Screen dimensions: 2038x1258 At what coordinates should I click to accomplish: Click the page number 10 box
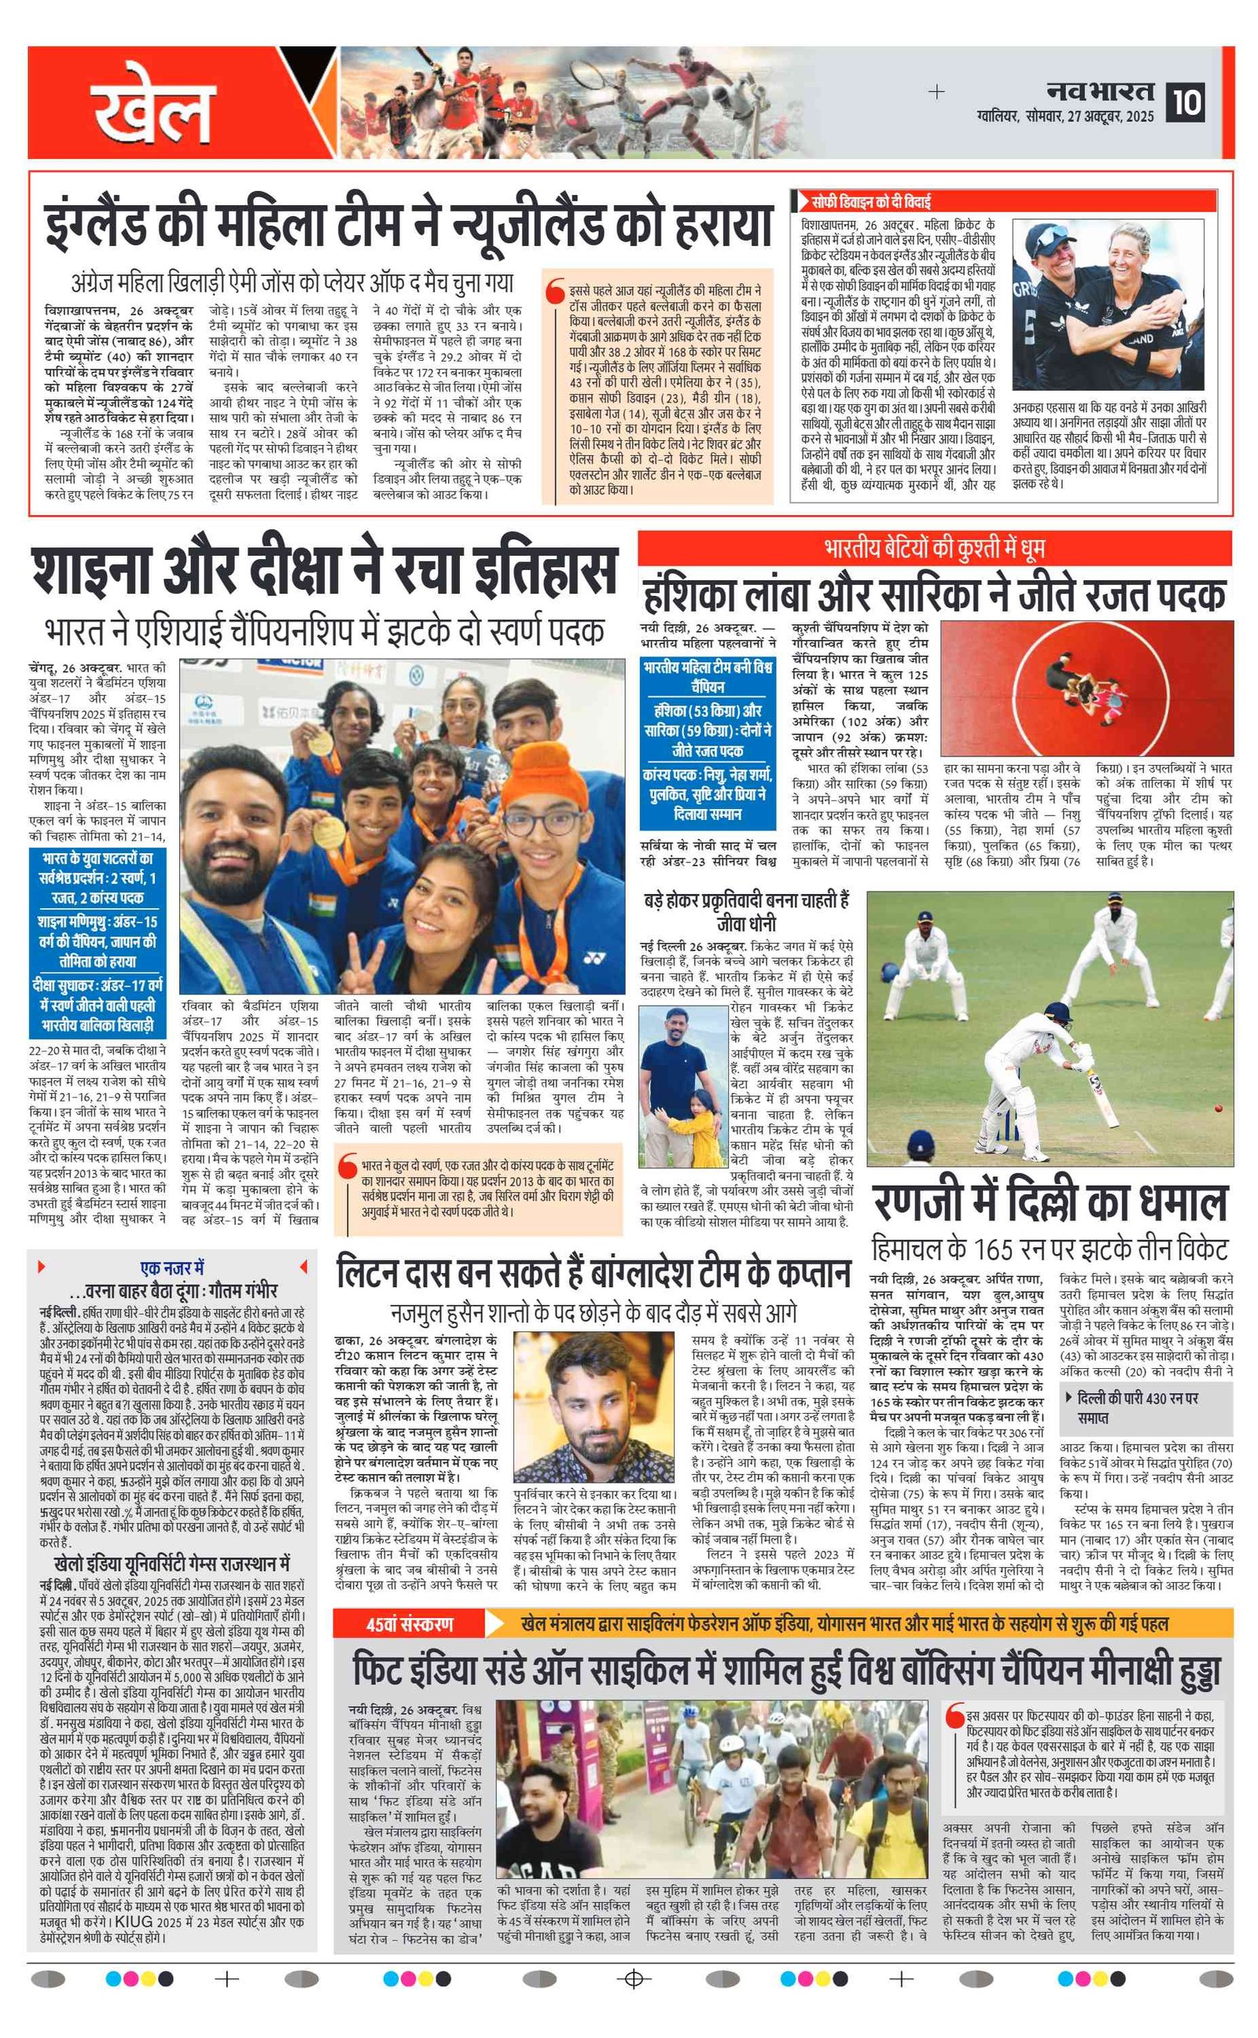[1186, 102]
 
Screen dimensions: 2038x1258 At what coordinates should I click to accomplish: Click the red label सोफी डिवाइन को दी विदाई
[871, 201]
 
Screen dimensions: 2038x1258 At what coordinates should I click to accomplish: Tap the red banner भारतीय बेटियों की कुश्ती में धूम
[934, 548]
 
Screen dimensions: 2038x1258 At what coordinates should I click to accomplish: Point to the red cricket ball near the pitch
[1219, 1109]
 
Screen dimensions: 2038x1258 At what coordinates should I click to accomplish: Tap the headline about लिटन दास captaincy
[593, 1273]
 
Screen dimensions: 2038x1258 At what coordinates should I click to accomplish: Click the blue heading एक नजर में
[172, 1267]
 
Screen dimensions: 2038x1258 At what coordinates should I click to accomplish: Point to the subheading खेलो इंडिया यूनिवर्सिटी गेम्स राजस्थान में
[171, 1562]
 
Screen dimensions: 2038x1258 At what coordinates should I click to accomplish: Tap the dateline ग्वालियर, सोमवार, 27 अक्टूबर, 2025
[1066, 117]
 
